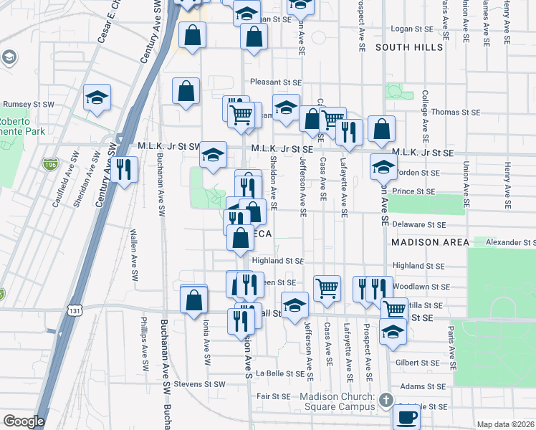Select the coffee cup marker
pyautogui.click(x=408, y=416)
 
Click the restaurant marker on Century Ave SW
pyautogui.click(x=125, y=169)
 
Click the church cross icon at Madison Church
pyautogui.click(x=386, y=399)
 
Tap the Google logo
pyautogui.click(x=24, y=421)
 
